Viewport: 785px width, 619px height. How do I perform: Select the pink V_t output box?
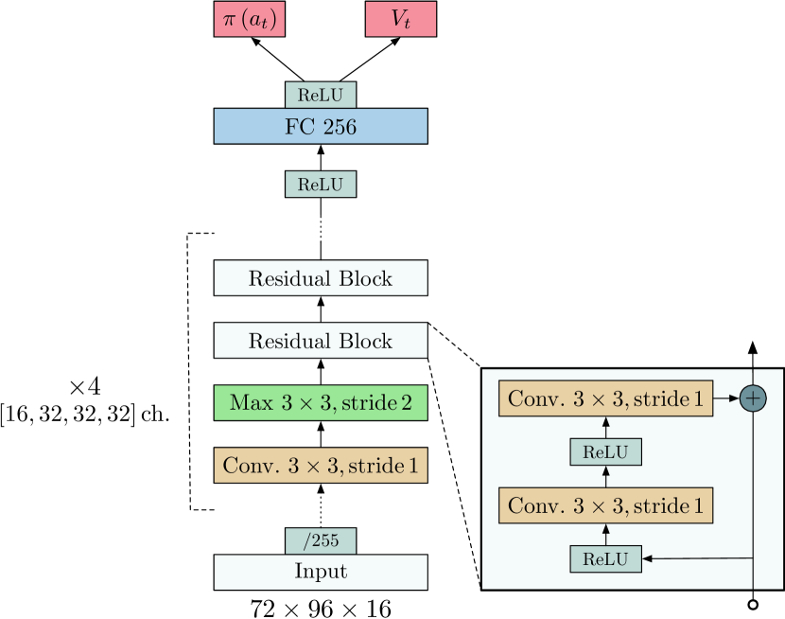coord(400,20)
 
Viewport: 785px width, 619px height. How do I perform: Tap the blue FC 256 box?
coord(321,126)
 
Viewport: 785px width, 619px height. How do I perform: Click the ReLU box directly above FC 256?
coord(321,95)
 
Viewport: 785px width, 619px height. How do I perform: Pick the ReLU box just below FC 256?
coord(321,184)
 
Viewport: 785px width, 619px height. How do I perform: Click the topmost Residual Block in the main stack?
coord(321,279)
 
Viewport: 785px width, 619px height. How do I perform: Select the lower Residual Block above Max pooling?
coord(321,341)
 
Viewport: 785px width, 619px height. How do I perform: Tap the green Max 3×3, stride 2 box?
coord(321,402)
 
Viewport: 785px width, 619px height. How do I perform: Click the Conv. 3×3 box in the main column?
coord(321,465)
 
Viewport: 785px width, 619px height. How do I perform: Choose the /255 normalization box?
coord(321,541)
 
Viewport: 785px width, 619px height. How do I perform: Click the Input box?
coord(321,573)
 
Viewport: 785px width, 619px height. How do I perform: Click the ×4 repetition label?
coord(85,386)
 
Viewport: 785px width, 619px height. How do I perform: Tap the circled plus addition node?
coord(753,398)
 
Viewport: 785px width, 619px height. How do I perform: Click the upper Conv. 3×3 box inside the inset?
coord(606,399)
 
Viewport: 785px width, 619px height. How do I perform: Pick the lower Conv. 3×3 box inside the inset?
coord(606,504)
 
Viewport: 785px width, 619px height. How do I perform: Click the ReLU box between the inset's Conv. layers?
coord(606,451)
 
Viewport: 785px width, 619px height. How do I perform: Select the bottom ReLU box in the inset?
coord(606,558)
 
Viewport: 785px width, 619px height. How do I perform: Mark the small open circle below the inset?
coord(753,604)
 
